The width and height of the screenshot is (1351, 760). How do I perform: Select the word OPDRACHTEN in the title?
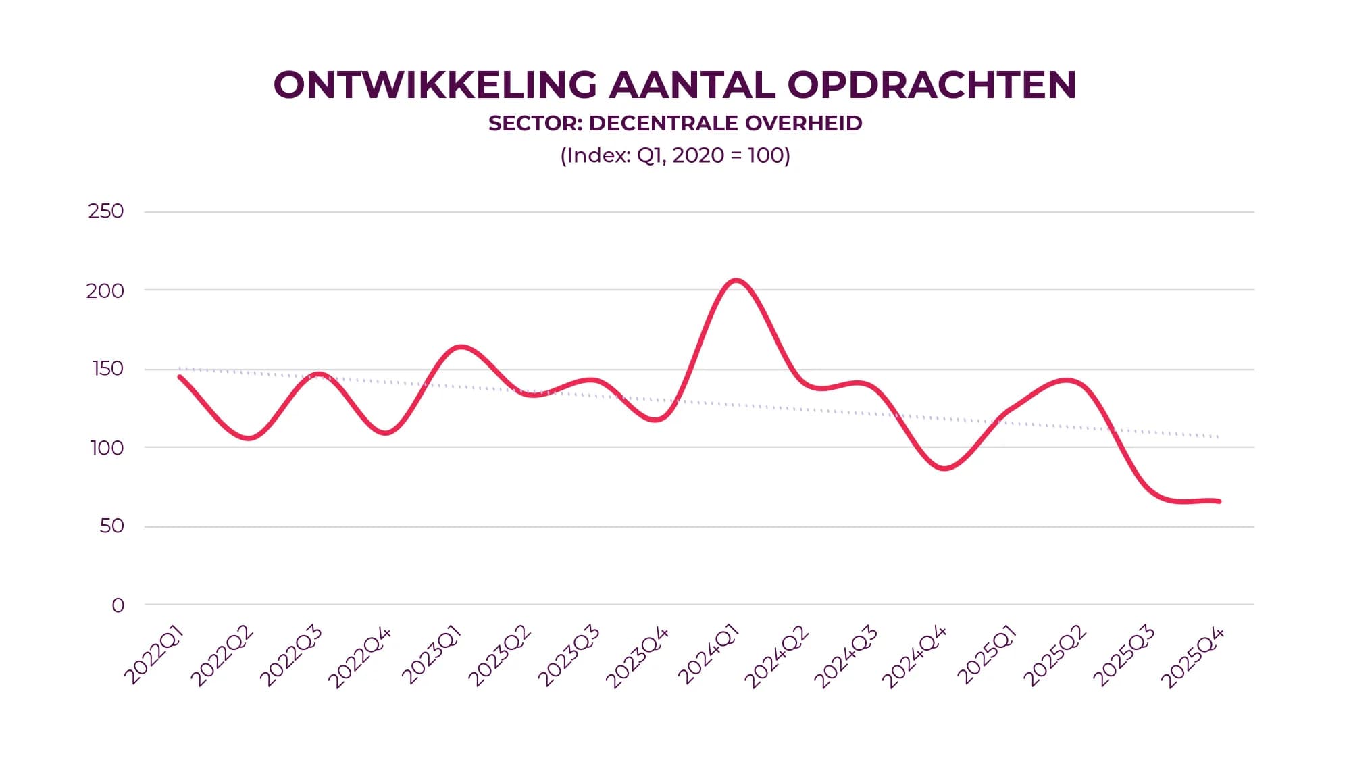[932, 85]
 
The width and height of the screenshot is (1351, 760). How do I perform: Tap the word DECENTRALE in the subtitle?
[666, 123]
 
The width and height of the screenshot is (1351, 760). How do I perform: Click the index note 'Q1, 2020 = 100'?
[709, 155]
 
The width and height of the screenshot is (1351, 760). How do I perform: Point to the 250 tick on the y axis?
[106, 211]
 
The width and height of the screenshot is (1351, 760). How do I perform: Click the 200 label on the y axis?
[105, 291]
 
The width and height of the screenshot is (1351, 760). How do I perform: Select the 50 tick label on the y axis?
[111, 526]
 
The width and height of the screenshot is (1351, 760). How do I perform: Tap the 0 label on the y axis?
[118, 605]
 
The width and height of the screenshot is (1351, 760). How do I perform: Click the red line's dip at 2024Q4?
[944, 468]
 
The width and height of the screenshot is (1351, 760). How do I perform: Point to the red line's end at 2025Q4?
[1219, 501]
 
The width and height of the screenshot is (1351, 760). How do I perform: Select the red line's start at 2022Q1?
[180, 377]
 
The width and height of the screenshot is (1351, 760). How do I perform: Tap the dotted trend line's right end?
[1218, 437]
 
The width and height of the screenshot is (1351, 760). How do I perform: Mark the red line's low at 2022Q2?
[249, 438]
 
